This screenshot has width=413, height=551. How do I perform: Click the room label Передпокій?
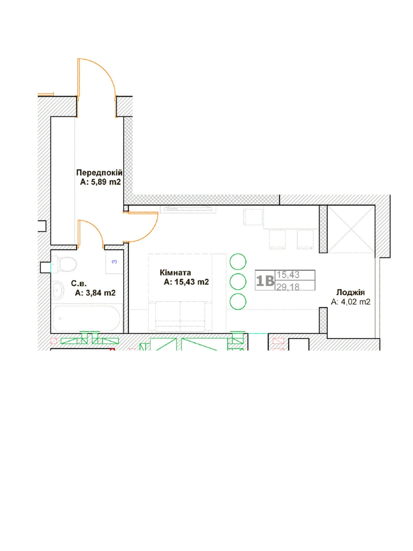tap(99, 173)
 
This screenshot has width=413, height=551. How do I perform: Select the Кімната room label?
tap(175, 272)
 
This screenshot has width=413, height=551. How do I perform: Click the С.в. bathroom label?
tap(79, 284)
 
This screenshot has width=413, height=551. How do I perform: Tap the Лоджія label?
tap(350, 293)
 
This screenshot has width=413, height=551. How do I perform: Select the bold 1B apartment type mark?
tap(265, 281)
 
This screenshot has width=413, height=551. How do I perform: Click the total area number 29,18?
tap(288, 287)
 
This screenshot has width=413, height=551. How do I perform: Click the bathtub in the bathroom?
tap(86, 318)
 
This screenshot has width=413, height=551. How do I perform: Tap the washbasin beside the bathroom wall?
tap(58, 290)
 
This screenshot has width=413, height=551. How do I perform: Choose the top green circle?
tap(238, 262)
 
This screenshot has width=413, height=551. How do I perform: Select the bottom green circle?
tap(238, 301)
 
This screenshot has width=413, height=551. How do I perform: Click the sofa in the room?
tap(180, 317)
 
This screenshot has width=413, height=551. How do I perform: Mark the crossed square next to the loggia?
tap(351, 229)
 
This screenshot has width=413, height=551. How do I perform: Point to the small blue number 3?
tap(114, 262)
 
